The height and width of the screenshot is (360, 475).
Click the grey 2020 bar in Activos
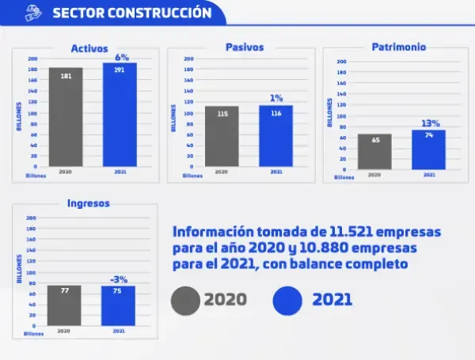click(x=66, y=117)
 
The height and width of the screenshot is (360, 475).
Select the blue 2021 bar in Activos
click(x=120, y=115)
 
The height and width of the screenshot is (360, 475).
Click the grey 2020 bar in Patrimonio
click(x=374, y=151)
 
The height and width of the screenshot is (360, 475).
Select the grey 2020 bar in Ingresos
click(x=65, y=305)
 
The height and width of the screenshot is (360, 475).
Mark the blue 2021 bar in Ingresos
click(x=119, y=306)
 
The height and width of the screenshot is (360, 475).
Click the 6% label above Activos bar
click(x=122, y=57)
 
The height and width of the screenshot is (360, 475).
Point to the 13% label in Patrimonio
click(x=430, y=123)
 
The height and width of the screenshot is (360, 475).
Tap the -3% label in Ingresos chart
click(x=119, y=279)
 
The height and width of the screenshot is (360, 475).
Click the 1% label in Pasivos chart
click(x=276, y=99)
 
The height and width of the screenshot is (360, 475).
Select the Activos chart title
click(x=89, y=48)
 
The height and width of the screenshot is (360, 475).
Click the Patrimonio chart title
click(x=399, y=47)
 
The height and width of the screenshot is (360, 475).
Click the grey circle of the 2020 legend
click(x=186, y=300)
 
